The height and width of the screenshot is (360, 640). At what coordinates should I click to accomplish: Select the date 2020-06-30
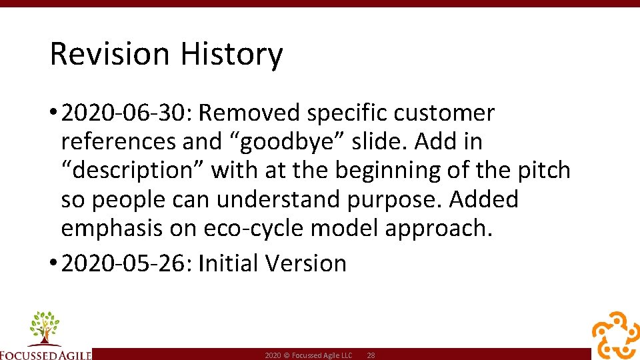[125, 113]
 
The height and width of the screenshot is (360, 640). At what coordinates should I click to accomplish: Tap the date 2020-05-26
[125, 263]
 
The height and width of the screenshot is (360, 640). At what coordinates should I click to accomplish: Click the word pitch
[543, 171]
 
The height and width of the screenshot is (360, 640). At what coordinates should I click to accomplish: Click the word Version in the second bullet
[306, 263]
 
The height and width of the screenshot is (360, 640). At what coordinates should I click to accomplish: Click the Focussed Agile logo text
[45, 354]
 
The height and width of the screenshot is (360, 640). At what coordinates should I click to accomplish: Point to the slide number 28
[371, 356]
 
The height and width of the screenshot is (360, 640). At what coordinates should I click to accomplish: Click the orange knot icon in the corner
[615, 335]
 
